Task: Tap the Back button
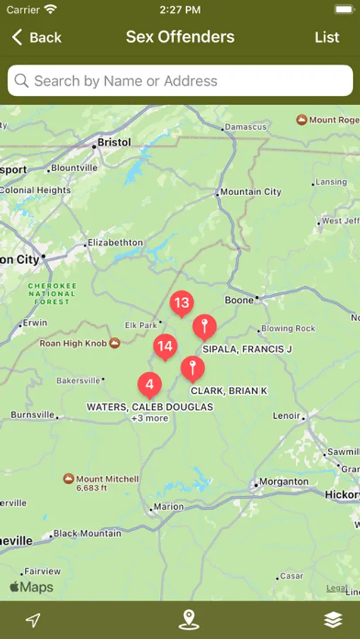pos(36,38)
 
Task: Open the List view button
pos(327,38)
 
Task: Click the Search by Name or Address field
pos(180,81)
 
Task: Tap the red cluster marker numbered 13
pos(182,303)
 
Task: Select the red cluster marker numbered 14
pos(165,346)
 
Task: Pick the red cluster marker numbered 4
pos(149,385)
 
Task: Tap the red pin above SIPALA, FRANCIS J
pos(204,327)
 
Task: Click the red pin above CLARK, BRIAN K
pos(192,368)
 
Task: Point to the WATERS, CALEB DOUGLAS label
pos(150,408)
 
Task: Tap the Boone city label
pos(239,300)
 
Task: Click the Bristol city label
pos(114,143)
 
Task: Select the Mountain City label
pos(251,192)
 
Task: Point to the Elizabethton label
pos(114,243)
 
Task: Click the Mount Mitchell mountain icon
pos(68,479)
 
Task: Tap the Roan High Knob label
pos(73,344)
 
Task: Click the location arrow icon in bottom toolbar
pos(33,620)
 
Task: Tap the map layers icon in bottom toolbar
pos(333,620)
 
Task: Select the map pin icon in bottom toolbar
pos(188,620)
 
